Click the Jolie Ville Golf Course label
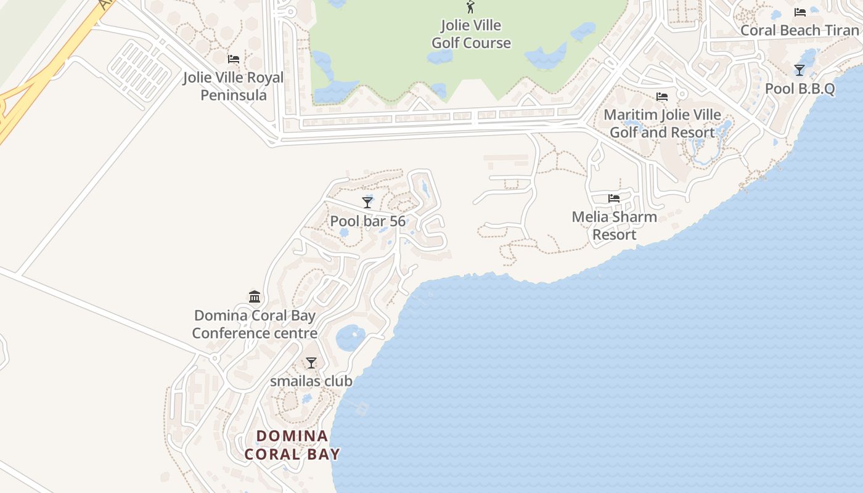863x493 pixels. click(x=471, y=35)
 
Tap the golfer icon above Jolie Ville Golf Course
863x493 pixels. click(x=471, y=7)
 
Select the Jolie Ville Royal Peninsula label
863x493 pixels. click(x=233, y=86)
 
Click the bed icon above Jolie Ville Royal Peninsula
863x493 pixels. click(x=234, y=59)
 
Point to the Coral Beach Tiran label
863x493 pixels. click(x=799, y=30)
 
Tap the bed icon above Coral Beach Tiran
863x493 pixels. click(x=800, y=12)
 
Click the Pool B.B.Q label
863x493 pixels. click(x=800, y=89)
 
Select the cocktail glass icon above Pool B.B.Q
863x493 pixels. click(x=800, y=70)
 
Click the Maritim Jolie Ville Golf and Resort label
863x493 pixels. click(x=662, y=123)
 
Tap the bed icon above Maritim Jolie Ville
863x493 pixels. click(x=662, y=97)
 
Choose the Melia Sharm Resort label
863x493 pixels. click(x=614, y=226)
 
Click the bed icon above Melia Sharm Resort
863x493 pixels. click(x=614, y=198)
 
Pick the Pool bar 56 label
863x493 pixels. click(x=367, y=221)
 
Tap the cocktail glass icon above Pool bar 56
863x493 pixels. click(x=367, y=203)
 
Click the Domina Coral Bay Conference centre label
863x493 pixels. click(x=255, y=324)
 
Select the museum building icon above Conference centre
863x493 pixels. click(x=255, y=297)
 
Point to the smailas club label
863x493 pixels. click(x=311, y=381)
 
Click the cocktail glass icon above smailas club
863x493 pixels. click(x=311, y=363)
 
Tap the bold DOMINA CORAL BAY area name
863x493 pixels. click(x=292, y=445)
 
